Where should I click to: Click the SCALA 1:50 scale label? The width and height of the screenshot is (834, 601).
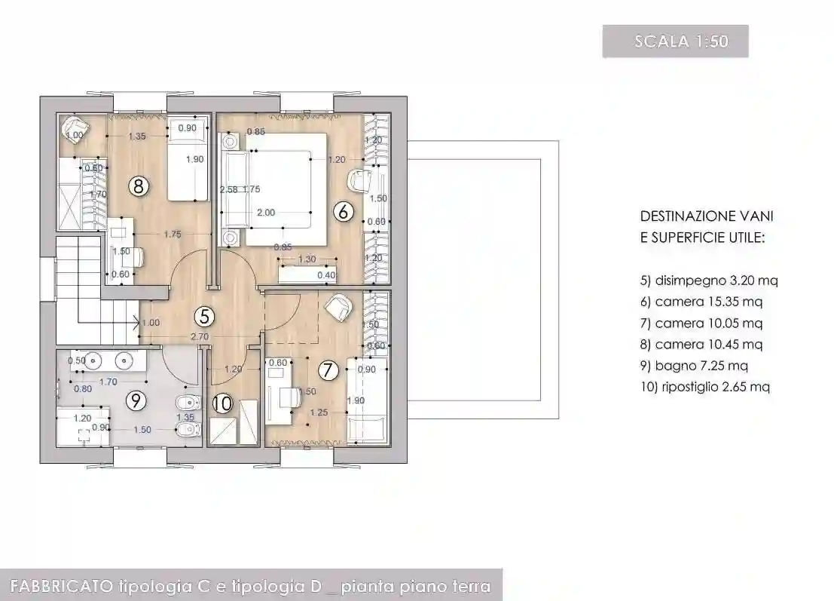click(675, 41)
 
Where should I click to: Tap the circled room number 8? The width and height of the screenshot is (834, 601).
click(137, 186)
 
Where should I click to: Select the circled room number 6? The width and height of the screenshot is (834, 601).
click(344, 212)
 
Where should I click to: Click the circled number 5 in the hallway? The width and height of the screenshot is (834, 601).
click(202, 314)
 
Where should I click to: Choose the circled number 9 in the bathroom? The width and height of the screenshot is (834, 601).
click(136, 400)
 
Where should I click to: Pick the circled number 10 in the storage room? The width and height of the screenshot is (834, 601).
click(222, 403)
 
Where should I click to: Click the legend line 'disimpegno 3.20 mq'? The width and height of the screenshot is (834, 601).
click(708, 281)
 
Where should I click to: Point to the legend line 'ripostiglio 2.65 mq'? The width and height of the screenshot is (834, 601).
click(704, 387)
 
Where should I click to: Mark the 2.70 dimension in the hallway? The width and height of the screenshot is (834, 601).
click(199, 336)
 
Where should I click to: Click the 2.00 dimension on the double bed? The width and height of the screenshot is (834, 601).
click(266, 213)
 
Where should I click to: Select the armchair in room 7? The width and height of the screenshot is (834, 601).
click(338, 306)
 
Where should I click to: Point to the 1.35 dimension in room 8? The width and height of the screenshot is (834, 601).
click(137, 136)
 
